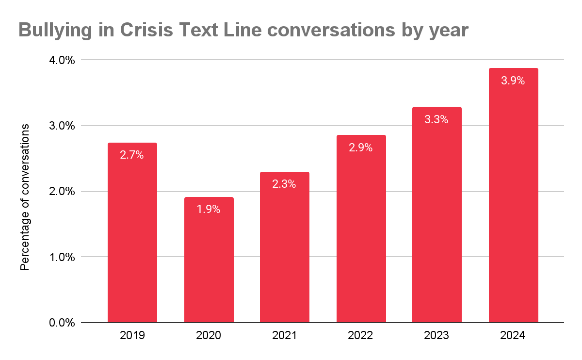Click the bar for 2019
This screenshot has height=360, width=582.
132,232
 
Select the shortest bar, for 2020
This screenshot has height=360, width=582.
209,260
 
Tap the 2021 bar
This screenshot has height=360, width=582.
285,247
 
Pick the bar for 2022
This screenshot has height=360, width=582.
361,229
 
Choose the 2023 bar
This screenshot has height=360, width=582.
437,215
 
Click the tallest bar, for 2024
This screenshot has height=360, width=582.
514,195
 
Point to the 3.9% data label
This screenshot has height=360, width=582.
513,81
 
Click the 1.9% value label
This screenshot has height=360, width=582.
209,209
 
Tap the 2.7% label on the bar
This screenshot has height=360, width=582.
132,155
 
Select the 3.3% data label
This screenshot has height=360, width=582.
436,119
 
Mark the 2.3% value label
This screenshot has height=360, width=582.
284,184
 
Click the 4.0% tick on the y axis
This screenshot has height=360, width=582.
62,60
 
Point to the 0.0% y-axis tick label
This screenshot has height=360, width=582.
62,323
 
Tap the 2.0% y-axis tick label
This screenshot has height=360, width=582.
62,192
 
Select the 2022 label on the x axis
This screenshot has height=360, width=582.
360,335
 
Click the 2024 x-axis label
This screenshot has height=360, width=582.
513,335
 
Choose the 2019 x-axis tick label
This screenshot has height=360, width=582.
132,335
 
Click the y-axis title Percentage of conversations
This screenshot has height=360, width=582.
25,197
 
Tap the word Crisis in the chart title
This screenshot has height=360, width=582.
146,30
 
